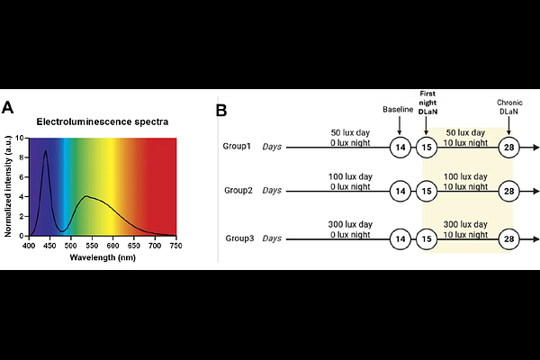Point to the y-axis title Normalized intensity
(x=9, y=186)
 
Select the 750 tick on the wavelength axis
(x=175, y=245)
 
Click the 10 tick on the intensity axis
(x=20, y=139)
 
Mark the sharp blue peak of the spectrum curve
(x=45, y=152)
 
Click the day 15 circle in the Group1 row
(x=427, y=147)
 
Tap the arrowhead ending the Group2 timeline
(x=535, y=192)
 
